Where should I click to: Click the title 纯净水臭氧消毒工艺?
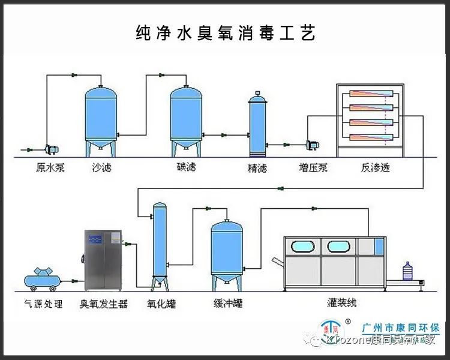[225, 32]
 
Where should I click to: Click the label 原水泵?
[49, 168]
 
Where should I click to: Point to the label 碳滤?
[186, 168]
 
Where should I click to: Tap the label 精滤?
[257, 168]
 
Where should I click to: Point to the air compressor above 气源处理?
[41, 277]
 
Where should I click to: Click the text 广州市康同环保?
[401, 328]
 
